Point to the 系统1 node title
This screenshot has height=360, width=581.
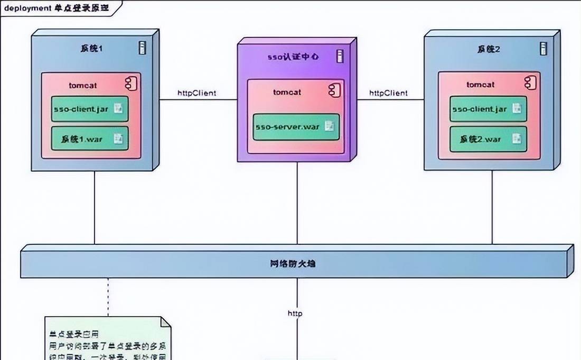coord(91,49)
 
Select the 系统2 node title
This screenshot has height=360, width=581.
coord(489,49)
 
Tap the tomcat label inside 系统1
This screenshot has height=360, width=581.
coord(82,85)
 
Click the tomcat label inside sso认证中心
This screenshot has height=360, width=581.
coord(287,92)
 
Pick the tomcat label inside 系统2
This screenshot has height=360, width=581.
coord(481,85)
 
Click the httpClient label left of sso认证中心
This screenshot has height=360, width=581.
coord(196,93)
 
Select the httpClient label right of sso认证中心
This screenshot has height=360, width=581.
coord(388,93)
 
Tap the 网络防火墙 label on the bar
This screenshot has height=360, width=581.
coord(296,263)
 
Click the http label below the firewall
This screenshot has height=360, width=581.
coord(295,313)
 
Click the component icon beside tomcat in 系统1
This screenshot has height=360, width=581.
coord(130,83)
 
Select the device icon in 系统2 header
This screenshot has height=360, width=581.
coord(542,48)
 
